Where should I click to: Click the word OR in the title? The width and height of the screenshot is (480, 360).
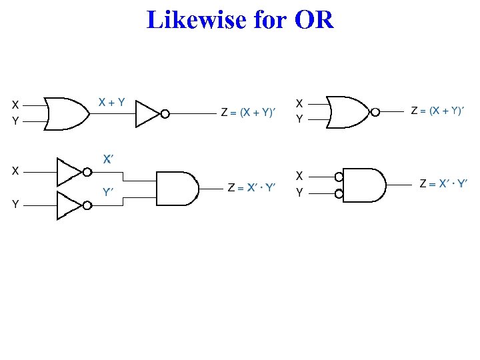click(313, 19)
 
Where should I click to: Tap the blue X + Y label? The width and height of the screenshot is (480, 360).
click(111, 102)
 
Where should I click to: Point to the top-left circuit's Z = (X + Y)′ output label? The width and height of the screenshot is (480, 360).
click(248, 112)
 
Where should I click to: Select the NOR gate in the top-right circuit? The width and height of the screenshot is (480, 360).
click(348, 112)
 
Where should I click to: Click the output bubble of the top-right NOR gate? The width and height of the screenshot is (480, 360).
click(376, 112)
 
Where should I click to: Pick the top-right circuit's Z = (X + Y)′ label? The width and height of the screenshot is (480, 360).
click(437, 111)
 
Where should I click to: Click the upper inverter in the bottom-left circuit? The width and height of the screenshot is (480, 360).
click(69, 171)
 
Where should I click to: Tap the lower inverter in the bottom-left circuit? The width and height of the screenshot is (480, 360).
click(69, 205)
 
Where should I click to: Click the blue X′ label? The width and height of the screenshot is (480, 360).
click(107, 159)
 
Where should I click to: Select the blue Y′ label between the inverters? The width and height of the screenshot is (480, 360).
click(108, 193)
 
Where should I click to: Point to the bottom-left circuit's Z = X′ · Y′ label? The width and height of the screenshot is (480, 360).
click(251, 188)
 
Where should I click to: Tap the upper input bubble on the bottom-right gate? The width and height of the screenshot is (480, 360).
click(339, 177)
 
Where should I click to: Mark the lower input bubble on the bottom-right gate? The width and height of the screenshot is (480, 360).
click(339, 194)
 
